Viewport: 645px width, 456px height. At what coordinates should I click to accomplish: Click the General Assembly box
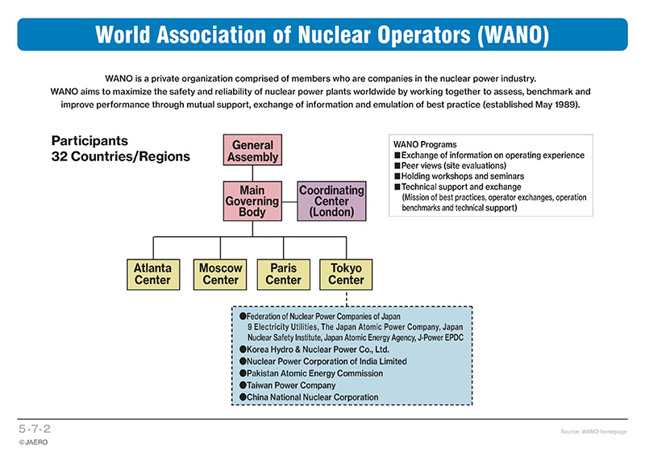tap(252, 150)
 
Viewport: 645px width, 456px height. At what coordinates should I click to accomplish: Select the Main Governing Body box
tap(252, 201)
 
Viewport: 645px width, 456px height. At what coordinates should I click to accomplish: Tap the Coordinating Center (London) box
tap(331, 201)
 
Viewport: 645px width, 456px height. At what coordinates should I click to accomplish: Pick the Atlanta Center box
tap(153, 274)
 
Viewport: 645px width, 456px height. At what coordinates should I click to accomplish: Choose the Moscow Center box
tap(220, 274)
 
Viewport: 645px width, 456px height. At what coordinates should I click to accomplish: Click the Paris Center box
tap(284, 274)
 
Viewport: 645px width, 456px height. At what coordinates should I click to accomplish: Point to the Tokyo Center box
tap(346, 274)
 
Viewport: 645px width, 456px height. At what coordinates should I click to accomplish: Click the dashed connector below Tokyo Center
tap(347, 298)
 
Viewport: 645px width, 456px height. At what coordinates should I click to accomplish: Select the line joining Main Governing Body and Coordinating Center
tap(289, 202)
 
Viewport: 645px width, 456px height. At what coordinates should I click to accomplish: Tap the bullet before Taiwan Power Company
tap(243, 385)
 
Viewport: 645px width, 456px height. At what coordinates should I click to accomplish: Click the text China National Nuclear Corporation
tap(312, 397)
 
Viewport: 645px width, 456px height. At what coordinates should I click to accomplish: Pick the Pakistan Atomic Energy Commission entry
tap(314, 373)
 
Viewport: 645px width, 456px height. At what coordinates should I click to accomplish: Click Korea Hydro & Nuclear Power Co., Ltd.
tap(318, 350)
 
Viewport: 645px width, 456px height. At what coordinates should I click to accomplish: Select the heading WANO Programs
tap(425, 144)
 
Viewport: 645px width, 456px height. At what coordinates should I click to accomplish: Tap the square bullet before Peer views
tap(397, 166)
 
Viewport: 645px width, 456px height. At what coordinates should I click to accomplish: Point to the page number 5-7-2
tap(35, 429)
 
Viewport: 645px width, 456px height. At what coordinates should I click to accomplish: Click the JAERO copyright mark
tap(33, 442)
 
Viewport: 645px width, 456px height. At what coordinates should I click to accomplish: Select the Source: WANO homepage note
tap(593, 431)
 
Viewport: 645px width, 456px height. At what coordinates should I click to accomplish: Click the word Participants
tap(89, 141)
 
